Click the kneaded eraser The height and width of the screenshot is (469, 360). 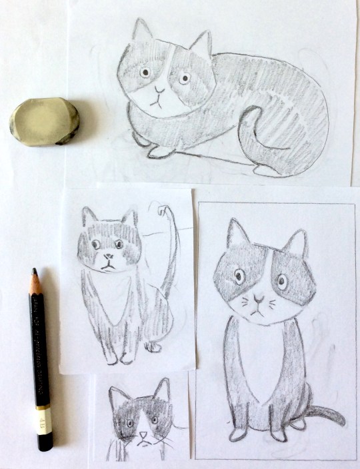(x=44, y=121)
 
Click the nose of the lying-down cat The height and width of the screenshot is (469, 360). (x=158, y=88)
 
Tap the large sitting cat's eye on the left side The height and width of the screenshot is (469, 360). (x=239, y=273)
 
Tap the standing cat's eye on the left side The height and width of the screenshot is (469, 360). (x=96, y=244)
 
